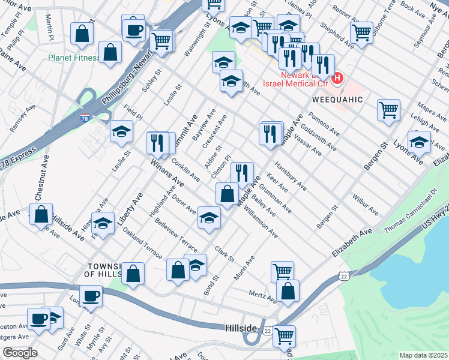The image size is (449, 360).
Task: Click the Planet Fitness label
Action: click(x=74, y=59)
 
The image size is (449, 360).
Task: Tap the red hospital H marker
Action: click(x=338, y=78)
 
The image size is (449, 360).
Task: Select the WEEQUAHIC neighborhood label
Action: click(x=337, y=99)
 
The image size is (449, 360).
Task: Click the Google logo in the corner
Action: click(x=19, y=353)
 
